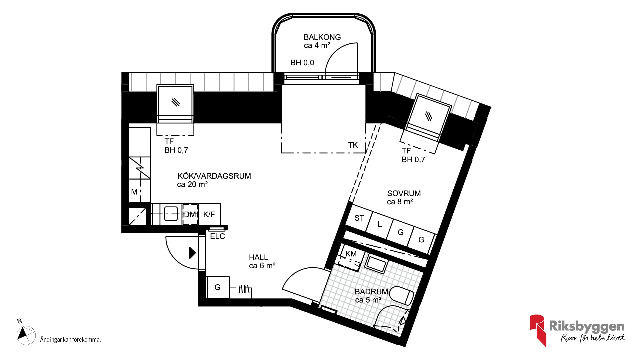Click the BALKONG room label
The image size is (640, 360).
[x=322, y=37]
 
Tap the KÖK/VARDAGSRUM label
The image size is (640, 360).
[x=214, y=176]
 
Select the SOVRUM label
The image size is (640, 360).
[x=404, y=193]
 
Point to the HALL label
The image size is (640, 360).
[x=258, y=257]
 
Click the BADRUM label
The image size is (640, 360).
[x=371, y=292]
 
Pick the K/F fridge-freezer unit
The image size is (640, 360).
[x=209, y=214]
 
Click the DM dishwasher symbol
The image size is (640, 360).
[x=190, y=214]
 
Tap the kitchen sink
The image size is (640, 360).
[x=171, y=214]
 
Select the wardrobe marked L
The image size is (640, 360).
[x=379, y=225]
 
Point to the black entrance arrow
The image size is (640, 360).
[x=192, y=253]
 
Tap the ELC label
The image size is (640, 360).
[x=217, y=236]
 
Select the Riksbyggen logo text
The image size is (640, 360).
[x=587, y=326]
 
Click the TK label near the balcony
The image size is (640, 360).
[x=353, y=145]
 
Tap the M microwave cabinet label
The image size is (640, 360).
[x=134, y=192]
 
